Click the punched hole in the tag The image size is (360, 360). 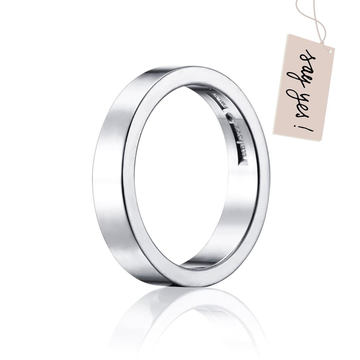coord(330,51)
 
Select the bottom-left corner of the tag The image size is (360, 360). coord(274,134)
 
